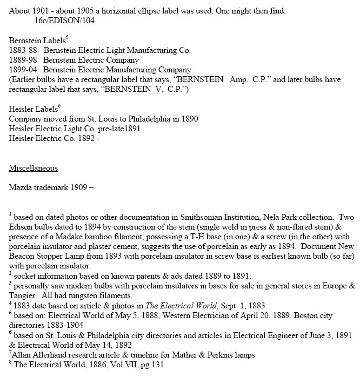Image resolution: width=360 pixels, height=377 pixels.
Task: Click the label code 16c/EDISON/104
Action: pos(67,21)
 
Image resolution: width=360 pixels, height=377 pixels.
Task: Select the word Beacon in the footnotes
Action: pos(22,257)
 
